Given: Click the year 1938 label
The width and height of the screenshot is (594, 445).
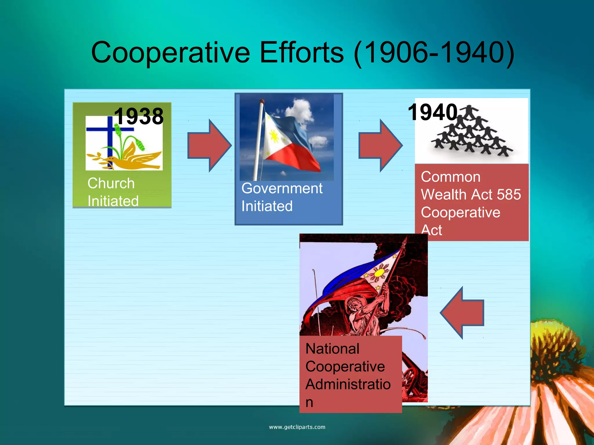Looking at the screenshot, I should [x=139, y=116].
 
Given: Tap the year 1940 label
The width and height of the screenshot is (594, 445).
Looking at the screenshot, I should [x=432, y=112].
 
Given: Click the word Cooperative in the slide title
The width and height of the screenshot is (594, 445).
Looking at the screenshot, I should [x=170, y=52].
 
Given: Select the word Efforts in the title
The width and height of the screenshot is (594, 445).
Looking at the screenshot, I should [x=302, y=52].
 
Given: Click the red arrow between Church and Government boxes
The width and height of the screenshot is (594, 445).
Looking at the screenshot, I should [x=209, y=145].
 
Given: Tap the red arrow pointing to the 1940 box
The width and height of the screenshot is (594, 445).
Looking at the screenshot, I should [x=380, y=145].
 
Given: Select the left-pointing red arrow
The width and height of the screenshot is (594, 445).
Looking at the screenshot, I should [x=462, y=313].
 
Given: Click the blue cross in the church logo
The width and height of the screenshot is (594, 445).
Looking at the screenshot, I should [x=109, y=136].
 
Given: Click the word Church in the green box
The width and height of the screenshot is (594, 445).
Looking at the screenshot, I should [x=111, y=183].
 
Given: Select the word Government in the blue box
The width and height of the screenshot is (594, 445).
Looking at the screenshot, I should [x=282, y=189].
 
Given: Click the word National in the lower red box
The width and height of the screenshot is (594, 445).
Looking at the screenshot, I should [x=332, y=349].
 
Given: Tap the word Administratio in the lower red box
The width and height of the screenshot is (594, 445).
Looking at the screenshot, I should [x=348, y=384].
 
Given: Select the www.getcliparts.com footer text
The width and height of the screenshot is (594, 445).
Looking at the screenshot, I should [x=297, y=427].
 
